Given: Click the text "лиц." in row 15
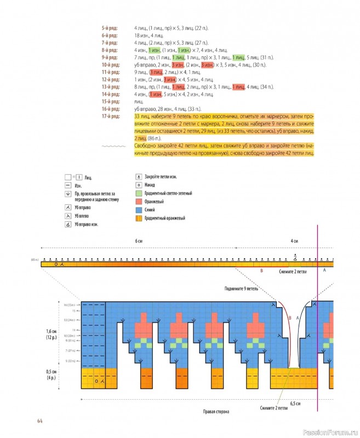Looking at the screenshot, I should pos(138,101).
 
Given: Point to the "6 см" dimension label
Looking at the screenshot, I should pos(139,241).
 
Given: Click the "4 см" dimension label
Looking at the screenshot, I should pos(294,241).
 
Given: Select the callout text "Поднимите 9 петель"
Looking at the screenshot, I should pos(241,288).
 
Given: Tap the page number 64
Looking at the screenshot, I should pos(40,420).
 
